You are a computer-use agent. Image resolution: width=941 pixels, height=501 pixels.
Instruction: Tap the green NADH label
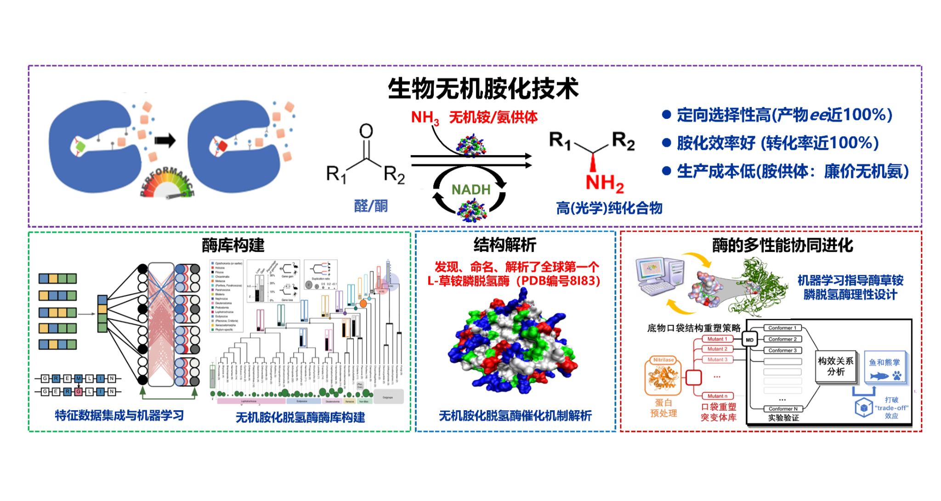point(471,189)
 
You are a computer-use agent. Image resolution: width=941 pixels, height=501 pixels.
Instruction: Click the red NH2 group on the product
point(604,183)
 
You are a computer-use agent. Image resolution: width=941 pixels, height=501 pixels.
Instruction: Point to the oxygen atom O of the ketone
point(366,131)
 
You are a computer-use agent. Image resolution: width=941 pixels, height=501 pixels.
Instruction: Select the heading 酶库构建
point(233,245)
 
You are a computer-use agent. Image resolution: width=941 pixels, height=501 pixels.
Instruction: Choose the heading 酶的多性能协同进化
point(782,245)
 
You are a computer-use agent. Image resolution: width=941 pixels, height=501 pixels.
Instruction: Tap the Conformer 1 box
point(782,328)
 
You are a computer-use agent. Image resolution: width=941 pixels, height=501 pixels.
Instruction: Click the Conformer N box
point(782,409)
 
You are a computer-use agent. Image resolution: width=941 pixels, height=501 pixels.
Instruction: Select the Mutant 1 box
point(717,339)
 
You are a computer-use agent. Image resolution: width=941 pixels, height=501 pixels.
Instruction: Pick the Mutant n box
point(717,396)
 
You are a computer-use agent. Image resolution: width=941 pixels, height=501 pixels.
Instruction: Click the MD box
point(749,340)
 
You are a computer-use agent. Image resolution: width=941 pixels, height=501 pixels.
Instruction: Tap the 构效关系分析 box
point(836,367)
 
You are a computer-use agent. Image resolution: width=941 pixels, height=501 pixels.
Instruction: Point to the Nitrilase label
point(663,360)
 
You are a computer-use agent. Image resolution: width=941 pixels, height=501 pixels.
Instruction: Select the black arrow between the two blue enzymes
point(165,140)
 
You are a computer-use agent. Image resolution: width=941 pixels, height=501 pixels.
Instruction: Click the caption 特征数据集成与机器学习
point(119,416)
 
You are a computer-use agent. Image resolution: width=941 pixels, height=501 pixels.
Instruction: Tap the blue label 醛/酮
point(371,206)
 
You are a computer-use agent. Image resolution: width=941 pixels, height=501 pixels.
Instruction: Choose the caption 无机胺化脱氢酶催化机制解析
point(515,416)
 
